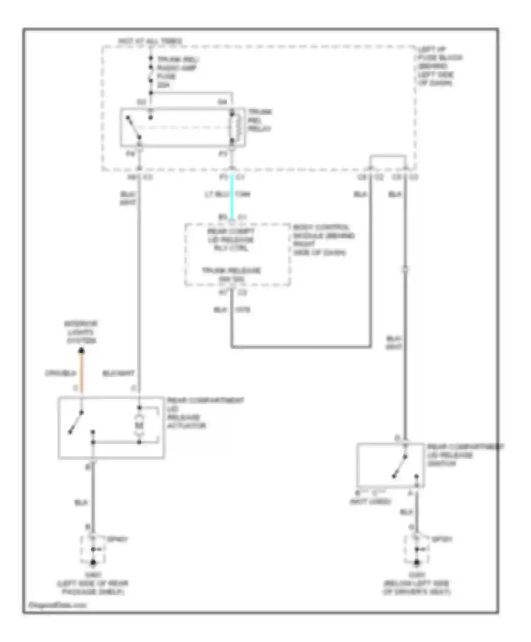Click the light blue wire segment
point(232,196)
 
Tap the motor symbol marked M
point(139,424)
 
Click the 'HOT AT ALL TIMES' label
point(150,41)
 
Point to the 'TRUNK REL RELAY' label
point(259,120)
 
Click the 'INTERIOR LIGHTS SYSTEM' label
point(81,332)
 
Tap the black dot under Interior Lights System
point(81,351)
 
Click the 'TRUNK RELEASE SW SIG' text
point(232,275)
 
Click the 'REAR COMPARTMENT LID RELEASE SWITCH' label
point(464,455)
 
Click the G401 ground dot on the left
point(93,562)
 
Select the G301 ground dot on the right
point(417,562)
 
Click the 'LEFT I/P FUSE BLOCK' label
point(439,66)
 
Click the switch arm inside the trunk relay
point(134,128)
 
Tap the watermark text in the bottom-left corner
point(57,605)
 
